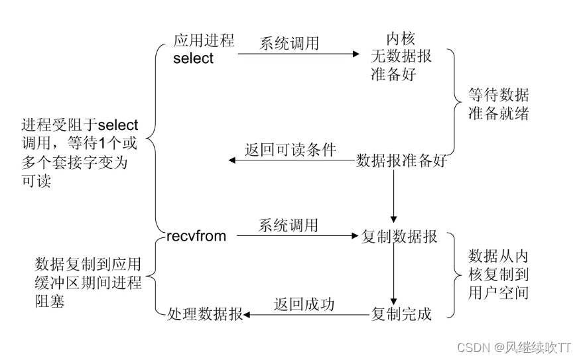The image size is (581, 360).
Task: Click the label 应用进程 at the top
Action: (x=204, y=40)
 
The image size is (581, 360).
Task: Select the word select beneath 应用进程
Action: (x=194, y=58)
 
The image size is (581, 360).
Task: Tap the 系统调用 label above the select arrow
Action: (x=289, y=44)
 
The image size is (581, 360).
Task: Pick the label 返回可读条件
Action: (x=290, y=150)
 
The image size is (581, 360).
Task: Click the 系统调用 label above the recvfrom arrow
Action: (x=289, y=225)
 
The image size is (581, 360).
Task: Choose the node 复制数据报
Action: (x=399, y=237)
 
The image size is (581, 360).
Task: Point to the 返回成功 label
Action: (x=304, y=304)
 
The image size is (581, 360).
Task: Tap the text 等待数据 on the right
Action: (x=498, y=95)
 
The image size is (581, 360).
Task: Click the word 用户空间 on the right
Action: (x=498, y=292)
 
